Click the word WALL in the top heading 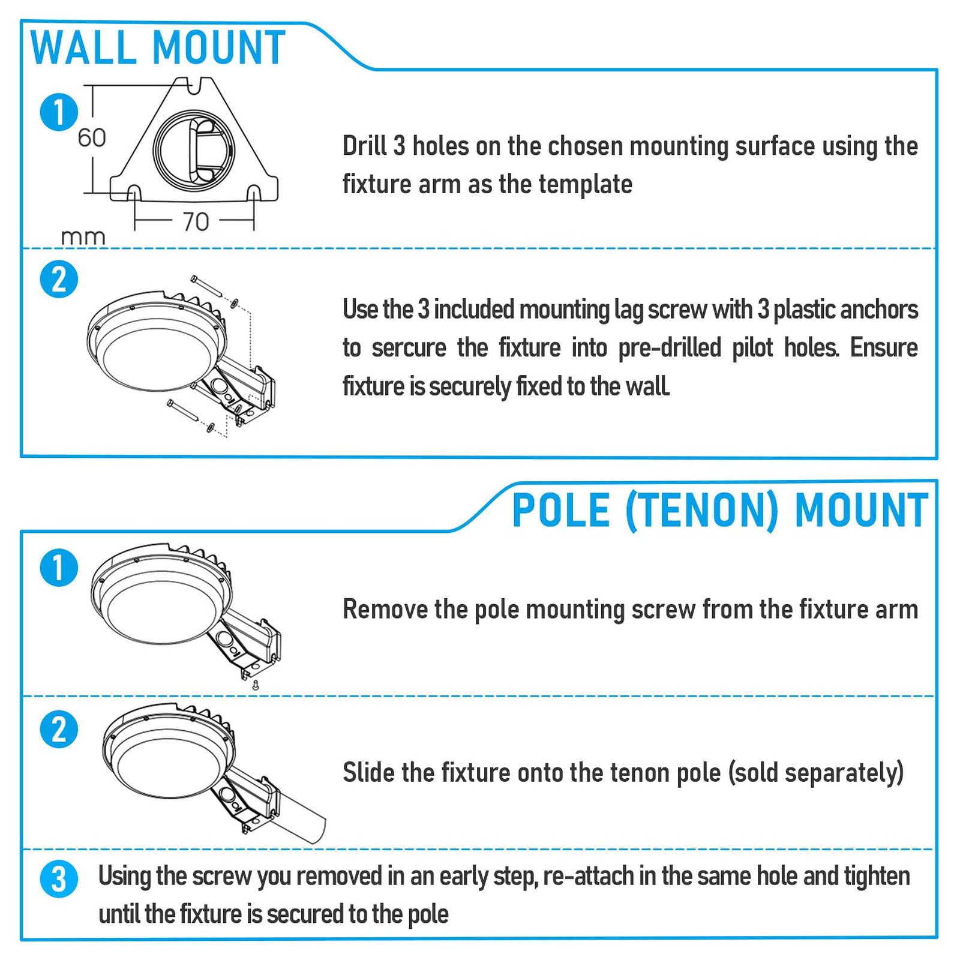[83, 47]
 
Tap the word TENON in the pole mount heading [701, 511]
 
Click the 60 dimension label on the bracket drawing [92, 138]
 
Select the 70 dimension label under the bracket [196, 222]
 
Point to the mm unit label [83, 238]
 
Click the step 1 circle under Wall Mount [59, 112]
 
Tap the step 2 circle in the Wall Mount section [59, 279]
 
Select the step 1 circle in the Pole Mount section [59, 568]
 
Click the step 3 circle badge [59, 879]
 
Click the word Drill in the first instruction [364, 146]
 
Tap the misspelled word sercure [409, 348]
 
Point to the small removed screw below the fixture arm [255, 685]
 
